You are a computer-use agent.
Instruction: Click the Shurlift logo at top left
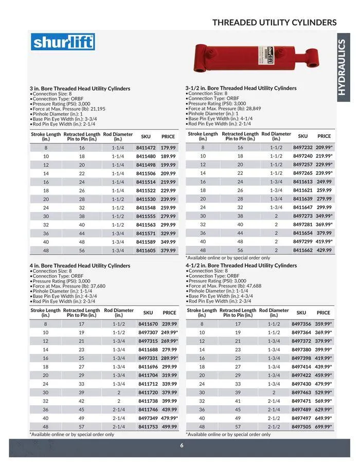pos(63,42)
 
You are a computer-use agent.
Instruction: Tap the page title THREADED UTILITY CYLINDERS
pos(274,23)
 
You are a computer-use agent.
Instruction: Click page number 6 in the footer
pos(182,446)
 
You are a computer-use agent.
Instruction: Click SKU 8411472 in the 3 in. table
pos(146,148)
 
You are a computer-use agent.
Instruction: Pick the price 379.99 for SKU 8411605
pos(168,250)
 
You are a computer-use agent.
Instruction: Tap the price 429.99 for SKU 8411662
pos(324,250)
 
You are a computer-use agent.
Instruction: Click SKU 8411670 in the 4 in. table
pos(148,324)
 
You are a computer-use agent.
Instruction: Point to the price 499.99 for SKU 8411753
pos(169,427)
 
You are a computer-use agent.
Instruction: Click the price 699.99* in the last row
pos(324,426)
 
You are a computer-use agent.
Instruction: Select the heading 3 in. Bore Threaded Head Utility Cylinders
pos(80,88)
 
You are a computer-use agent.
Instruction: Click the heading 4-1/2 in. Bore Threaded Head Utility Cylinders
pos(241,265)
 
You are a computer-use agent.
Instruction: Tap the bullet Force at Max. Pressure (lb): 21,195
pos(68,109)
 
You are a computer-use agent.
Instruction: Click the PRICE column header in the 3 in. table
pos(168,137)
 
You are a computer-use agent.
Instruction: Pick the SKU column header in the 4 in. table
pos(148,313)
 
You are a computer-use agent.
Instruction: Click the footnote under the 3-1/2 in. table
pos(227,258)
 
